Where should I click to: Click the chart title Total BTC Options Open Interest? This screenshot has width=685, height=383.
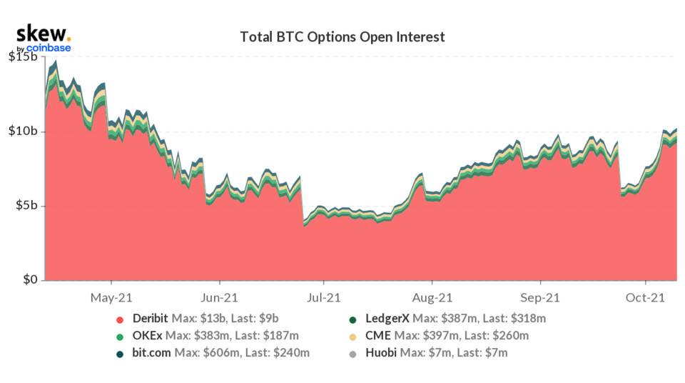(342, 36)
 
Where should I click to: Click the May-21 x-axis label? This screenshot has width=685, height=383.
(113, 297)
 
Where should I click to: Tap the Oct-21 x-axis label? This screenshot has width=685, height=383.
(646, 297)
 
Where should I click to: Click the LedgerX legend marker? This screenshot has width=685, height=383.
(352, 319)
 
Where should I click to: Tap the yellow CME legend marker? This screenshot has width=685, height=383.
(352, 335)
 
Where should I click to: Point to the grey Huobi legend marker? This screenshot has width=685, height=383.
(352, 352)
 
